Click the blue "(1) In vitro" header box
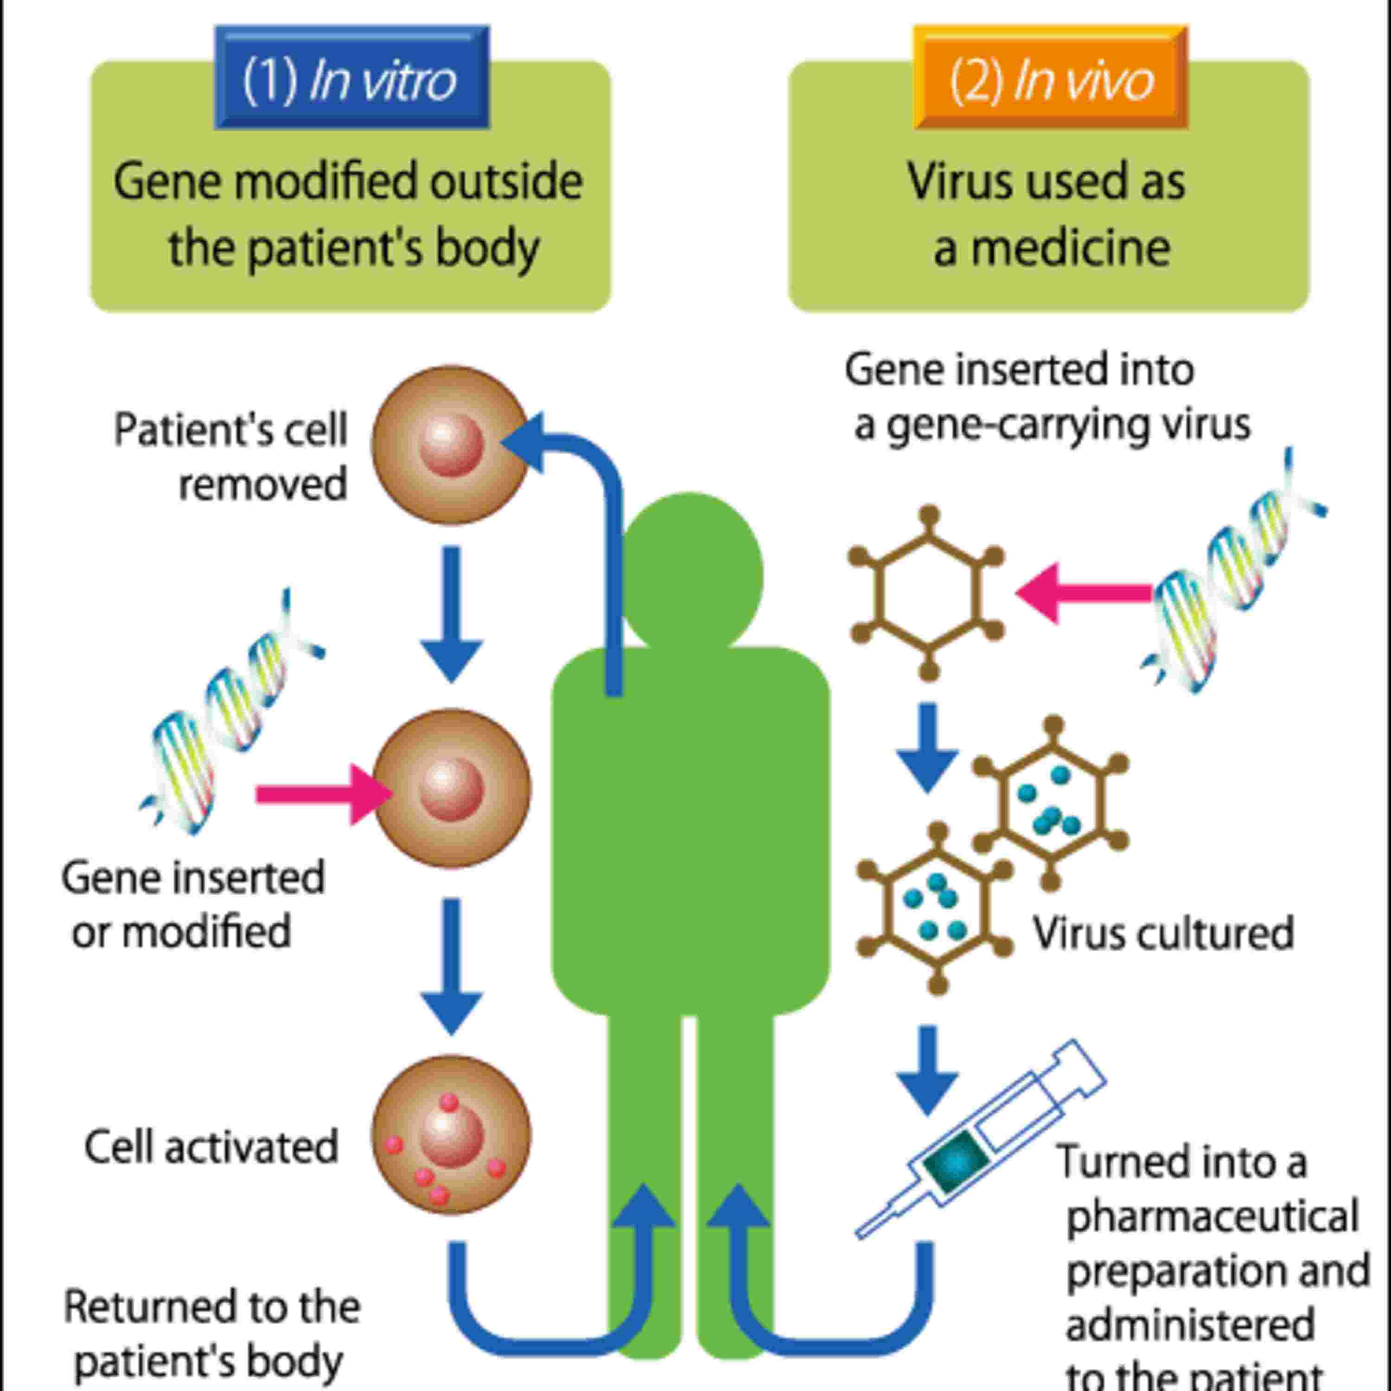pyautogui.click(x=351, y=78)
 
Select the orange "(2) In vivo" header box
pyautogui.click(x=1051, y=78)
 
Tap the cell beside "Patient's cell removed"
pyautogui.click(x=451, y=445)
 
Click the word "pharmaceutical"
pyautogui.click(x=1212, y=1217)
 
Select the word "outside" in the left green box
pyautogui.click(x=506, y=181)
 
